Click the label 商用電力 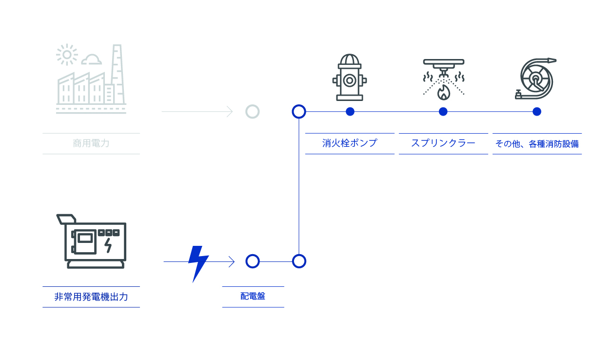pos(91,143)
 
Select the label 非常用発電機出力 pos(91,297)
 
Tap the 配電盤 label pos(253,296)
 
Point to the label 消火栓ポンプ pos(350,143)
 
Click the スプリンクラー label pos(443,143)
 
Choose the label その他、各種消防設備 pos(537,144)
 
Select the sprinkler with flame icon pos(443,80)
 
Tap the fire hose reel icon pos(535,79)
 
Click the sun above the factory pos(66,55)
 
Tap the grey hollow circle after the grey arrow pos(252,112)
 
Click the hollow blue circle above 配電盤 pos(252,261)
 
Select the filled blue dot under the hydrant pos(350,112)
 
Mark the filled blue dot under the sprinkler pos(443,112)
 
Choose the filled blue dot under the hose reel pos(537,112)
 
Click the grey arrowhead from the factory pos(229,112)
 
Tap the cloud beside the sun pos(91,60)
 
